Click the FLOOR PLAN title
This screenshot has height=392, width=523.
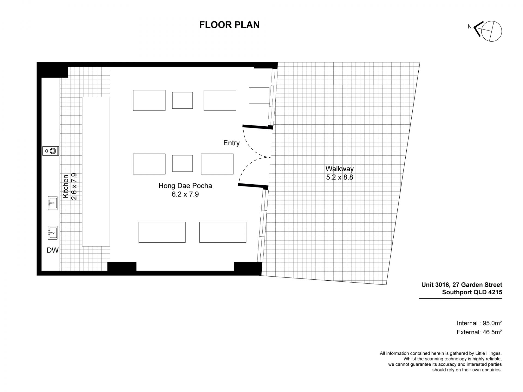click(x=229, y=25)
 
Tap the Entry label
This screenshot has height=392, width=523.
click(x=232, y=143)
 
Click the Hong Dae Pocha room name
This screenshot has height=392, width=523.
click(x=185, y=186)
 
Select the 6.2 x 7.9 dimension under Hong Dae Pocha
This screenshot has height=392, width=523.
click(x=185, y=194)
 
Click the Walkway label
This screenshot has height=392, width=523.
click(x=340, y=169)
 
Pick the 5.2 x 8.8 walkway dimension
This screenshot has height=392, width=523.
click(x=340, y=177)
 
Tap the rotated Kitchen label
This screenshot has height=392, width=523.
click(x=66, y=186)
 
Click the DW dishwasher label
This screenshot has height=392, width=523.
click(x=53, y=250)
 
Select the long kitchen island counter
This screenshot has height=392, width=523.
click(x=96, y=171)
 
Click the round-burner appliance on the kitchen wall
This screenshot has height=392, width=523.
click(x=51, y=151)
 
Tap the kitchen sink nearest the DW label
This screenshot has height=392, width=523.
click(x=53, y=233)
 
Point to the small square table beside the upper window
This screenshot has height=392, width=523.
click(x=259, y=96)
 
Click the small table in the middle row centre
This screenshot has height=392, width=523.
click(x=183, y=163)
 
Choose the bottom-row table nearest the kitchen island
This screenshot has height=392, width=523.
click(x=162, y=232)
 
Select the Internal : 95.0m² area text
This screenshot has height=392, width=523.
click(x=479, y=323)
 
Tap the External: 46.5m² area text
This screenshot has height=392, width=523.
click(x=479, y=332)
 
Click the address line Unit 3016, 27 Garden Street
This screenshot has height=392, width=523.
click(x=462, y=285)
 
